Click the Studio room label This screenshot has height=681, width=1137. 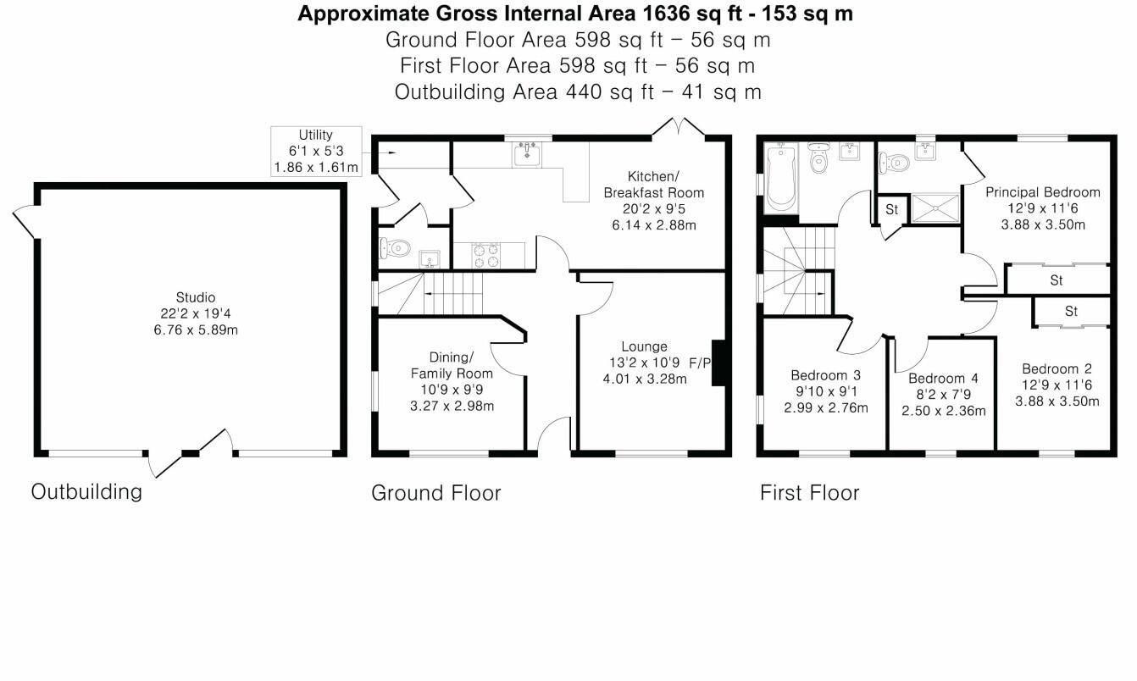(195, 297)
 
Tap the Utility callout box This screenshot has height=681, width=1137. (315, 152)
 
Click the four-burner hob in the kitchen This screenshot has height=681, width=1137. (486, 255)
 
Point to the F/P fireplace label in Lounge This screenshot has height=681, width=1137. (700, 363)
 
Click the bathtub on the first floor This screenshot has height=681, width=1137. (779, 179)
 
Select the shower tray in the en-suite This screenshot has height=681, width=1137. (935, 208)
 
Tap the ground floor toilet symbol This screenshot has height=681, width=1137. (395, 249)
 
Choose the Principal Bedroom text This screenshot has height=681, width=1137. (1042, 192)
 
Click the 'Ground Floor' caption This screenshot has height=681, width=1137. (435, 493)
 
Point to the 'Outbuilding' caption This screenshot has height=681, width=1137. (86, 491)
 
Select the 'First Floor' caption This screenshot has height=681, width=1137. (809, 493)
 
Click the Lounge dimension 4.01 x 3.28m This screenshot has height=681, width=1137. (644, 379)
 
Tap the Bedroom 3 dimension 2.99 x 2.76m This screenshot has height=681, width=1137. (825, 407)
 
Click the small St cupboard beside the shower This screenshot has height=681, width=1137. (891, 208)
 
